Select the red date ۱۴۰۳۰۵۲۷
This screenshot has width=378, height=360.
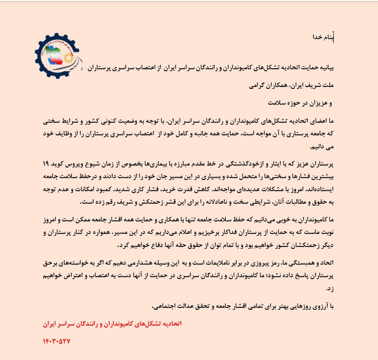click(56, 340)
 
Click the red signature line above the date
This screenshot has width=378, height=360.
click(110, 322)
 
